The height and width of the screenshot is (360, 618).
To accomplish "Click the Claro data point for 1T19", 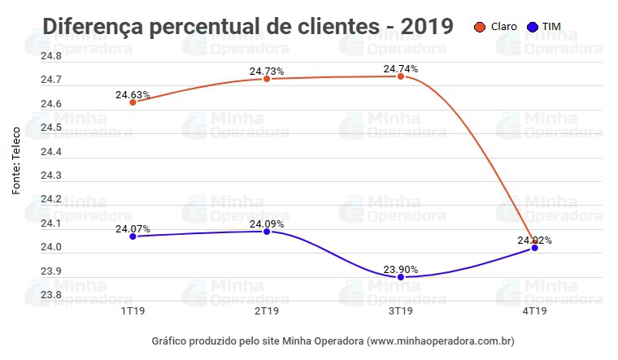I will tap(133, 102).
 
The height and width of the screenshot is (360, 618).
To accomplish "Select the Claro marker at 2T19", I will tap(267, 79).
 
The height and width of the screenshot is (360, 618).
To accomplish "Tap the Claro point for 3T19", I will tap(401, 76).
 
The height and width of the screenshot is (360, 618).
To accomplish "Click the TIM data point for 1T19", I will tap(133, 236).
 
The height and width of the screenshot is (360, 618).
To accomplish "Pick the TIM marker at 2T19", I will tap(267, 232).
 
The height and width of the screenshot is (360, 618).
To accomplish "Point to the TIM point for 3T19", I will tap(401, 277).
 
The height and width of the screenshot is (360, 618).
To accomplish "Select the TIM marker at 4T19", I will tap(534, 248).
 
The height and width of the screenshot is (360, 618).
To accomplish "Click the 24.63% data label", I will tap(133, 94).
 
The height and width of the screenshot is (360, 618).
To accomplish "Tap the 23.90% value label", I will tap(401, 269).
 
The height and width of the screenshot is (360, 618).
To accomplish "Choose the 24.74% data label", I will tap(401, 68).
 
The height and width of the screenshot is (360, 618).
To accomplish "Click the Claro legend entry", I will tap(496, 26).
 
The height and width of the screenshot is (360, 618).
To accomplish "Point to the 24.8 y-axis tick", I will tap(51, 56).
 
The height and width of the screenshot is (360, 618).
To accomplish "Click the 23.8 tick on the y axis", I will tap(51, 294).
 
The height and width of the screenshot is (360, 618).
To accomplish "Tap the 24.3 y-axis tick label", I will tap(51, 176).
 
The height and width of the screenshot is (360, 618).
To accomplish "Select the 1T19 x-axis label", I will tap(133, 311).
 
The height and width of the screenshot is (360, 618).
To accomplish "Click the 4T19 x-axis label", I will tap(534, 311).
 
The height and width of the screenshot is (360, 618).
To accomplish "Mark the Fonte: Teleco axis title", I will tap(15, 159).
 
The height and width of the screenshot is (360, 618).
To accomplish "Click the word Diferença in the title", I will tap(93, 26).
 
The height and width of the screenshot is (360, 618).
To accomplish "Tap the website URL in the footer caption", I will tap(441, 340).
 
